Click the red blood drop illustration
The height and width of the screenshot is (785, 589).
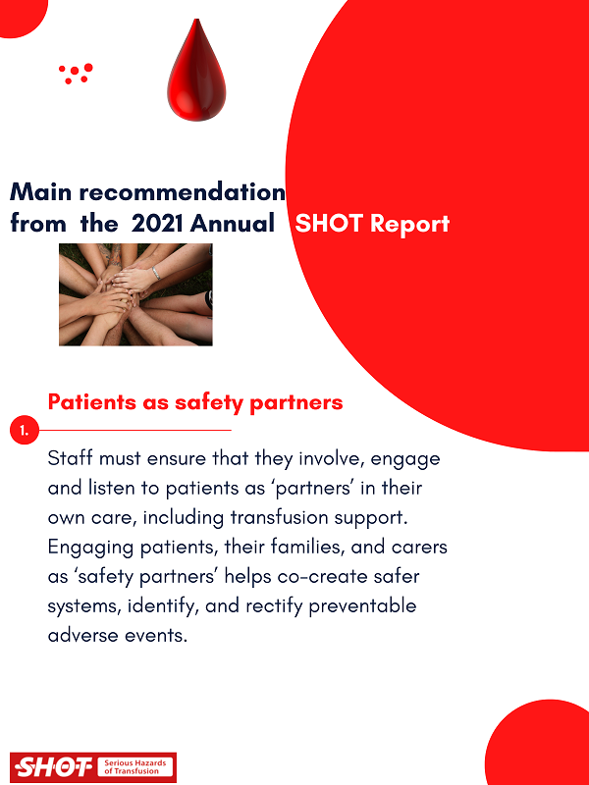pyautogui.click(x=195, y=74)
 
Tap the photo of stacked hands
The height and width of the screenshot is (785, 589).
pyautogui.click(x=135, y=294)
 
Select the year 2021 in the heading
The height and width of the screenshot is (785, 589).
pyautogui.click(x=158, y=224)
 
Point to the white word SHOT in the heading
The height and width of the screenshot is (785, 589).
pyautogui.click(x=329, y=224)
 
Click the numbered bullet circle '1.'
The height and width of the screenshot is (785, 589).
pyautogui.click(x=22, y=431)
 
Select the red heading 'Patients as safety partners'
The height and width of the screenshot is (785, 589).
pyautogui.click(x=195, y=402)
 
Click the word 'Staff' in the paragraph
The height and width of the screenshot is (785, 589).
pyautogui.click(x=73, y=458)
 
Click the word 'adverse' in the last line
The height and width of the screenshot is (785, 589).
pyautogui.click(x=85, y=634)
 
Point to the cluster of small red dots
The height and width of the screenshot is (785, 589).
pyautogui.click(x=76, y=74)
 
